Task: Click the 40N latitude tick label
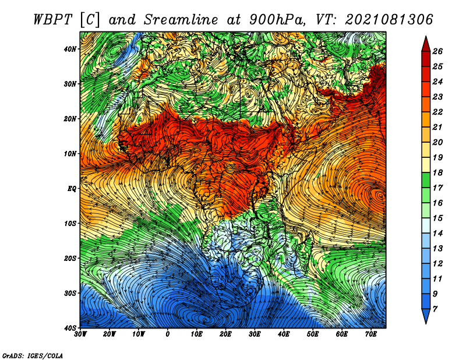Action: coord(69,49)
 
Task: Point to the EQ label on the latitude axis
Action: coord(72,189)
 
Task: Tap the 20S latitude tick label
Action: coord(70,258)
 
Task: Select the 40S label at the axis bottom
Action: coord(70,328)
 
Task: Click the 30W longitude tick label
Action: coord(80,334)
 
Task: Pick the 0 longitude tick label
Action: coord(168,334)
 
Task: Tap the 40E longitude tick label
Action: coord(284,334)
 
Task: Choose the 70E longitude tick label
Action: coord(371,334)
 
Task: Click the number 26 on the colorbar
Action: coord(437,51)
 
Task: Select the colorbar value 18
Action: coord(437,172)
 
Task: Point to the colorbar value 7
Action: coord(435,309)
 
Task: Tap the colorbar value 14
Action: coord(437,234)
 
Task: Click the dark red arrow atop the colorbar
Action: coord(426,44)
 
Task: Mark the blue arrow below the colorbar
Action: coord(426,316)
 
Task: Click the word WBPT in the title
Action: coord(52,20)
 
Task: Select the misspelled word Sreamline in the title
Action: coord(181,20)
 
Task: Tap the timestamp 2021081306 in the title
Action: coord(389,20)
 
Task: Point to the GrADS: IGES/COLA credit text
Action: coord(33,355)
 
